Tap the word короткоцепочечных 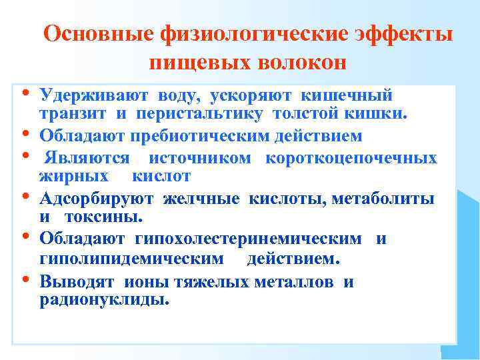click(x=351, y=158)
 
